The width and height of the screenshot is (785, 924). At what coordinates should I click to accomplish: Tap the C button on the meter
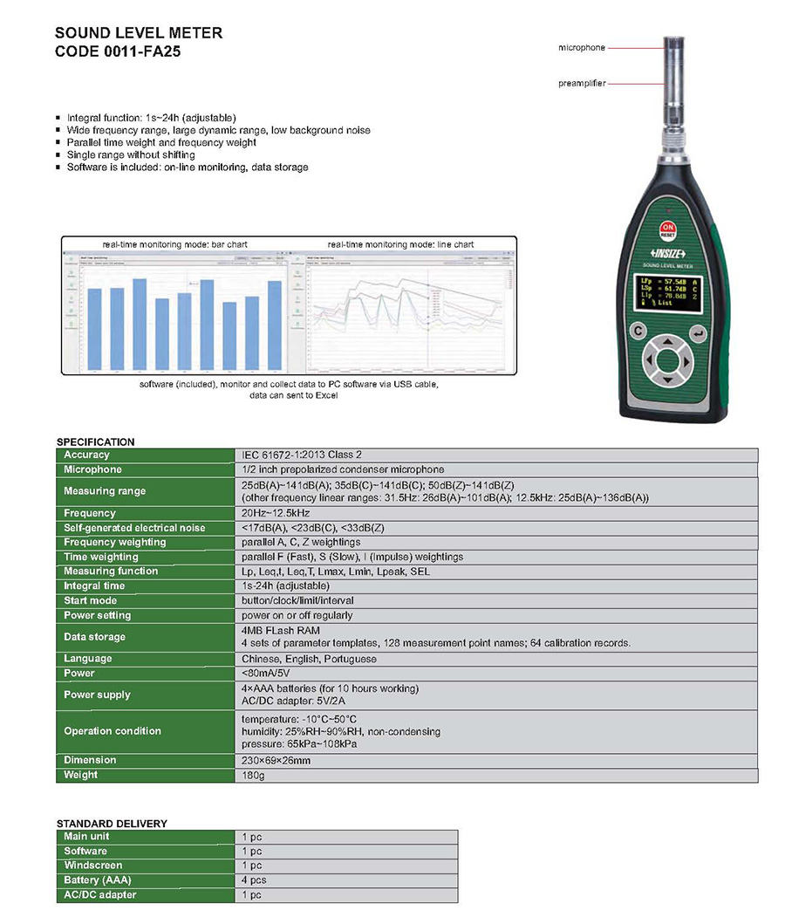click(638, 332)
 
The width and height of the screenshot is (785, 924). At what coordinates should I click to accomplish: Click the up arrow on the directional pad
click(667, 341)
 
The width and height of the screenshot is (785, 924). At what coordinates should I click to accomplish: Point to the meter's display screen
click(668, 291)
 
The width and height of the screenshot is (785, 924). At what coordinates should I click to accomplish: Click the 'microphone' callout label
click(581, 48)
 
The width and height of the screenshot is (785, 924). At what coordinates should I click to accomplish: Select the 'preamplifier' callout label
click(581, 84)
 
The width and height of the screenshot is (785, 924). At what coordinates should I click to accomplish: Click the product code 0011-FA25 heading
click(118, 51)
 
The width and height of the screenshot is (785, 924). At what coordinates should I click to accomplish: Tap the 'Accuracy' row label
click(87, 455)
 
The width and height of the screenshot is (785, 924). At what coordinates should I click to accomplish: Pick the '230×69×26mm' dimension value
click(276, 760)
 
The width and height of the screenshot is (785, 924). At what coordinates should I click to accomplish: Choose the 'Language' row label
click(88, 659)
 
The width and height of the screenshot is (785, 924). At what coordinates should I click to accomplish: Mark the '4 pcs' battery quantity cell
click(254, 880)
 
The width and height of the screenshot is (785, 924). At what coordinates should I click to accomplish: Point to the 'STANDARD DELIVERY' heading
click(112, 823)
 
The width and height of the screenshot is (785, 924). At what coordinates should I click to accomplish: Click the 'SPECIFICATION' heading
click(96, 441)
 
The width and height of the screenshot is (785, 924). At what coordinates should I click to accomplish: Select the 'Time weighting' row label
click(101, 557)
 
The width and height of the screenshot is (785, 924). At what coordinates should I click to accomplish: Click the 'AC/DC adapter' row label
click(100, 895)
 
